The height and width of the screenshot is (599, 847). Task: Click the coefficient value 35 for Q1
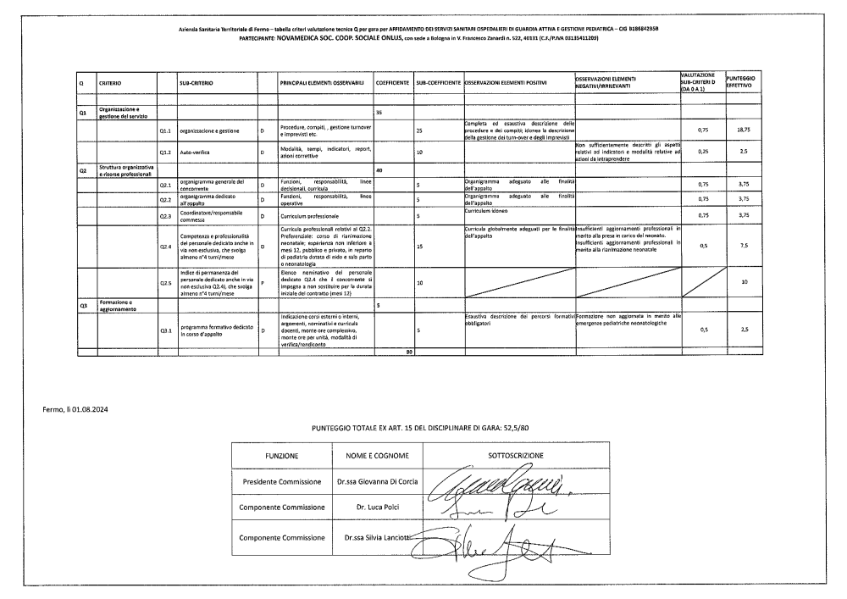[378, 112]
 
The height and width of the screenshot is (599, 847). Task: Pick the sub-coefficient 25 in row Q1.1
[419, 131]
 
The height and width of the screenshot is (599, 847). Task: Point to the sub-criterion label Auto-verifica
[195, 153]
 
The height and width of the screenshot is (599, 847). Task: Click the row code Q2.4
[166, 247]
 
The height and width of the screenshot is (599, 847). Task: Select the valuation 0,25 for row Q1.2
[702, 153]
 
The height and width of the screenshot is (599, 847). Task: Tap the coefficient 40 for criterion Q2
[378, 170]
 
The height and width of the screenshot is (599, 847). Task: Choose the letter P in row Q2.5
[263, 282]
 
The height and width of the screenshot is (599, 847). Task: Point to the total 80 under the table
[408, 351]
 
